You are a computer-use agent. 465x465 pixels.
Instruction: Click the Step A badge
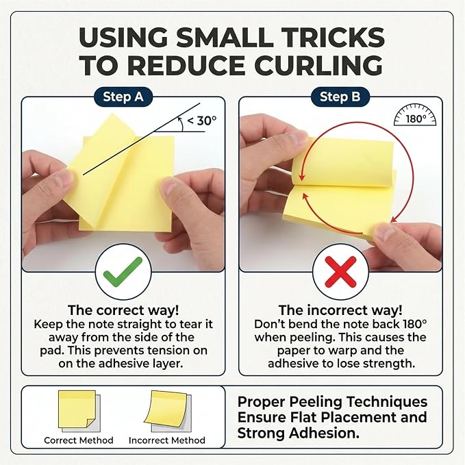123,97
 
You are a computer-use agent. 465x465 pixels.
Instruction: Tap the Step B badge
340,97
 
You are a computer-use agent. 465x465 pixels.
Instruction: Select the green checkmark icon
123,271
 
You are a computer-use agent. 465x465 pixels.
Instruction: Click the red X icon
340,272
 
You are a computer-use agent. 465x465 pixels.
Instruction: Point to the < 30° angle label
202,121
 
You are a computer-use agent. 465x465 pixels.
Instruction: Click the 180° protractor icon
415,115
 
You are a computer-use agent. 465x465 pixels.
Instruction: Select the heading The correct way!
123,310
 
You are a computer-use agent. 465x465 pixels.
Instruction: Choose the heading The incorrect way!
340,310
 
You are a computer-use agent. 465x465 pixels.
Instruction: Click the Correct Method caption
79,440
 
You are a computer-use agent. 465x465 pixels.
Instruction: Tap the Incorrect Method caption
167,440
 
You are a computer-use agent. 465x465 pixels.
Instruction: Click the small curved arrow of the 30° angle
181,124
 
